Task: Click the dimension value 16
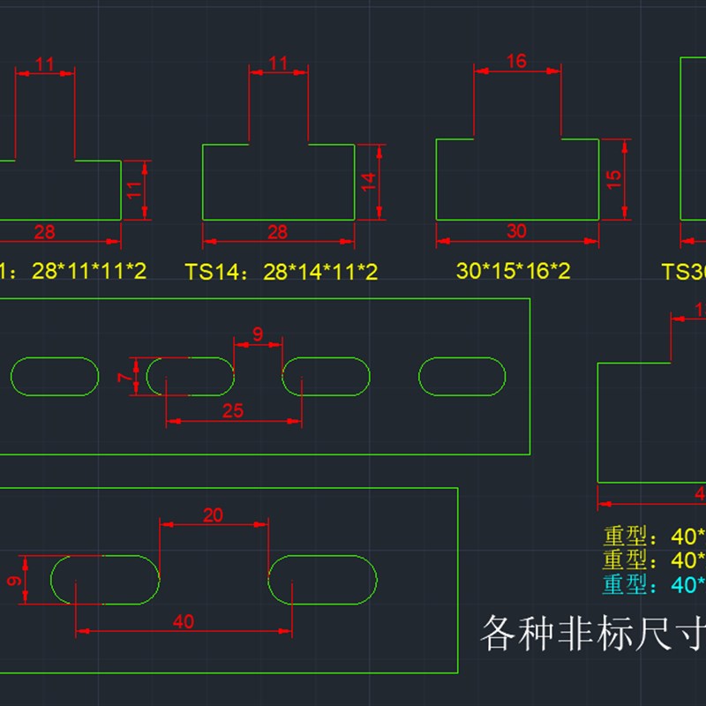(x=517, y=61)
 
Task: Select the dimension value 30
(x=517, y=231)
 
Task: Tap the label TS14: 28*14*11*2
(x=282, y=272)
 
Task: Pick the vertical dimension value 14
(x=369, y=182)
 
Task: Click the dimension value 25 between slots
(x=233, y=410)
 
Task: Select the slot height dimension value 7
(x=126, y=377)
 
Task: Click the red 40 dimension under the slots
(x=184, y=621)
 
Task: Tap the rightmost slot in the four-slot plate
(x=462, y=377)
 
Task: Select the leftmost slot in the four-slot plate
(x=55, y=377)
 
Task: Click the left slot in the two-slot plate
(x=105, y=580)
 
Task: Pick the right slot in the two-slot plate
(x=323, y=580)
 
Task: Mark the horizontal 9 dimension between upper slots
(x=258, y=334)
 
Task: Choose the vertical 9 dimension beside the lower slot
(x=11, y=580)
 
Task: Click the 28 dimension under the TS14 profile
(x=277, y=232)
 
